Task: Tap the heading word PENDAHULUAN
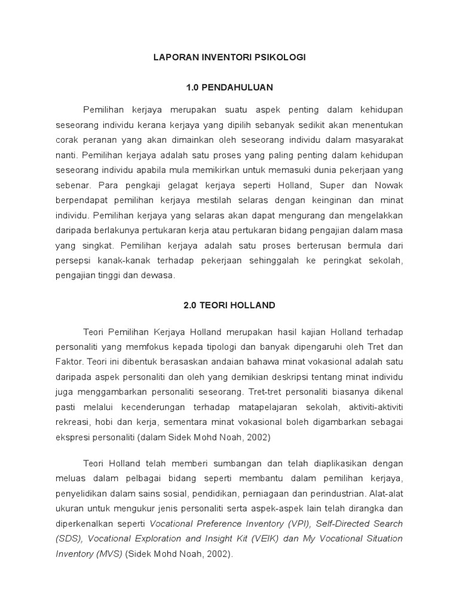[x=237, y=87]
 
